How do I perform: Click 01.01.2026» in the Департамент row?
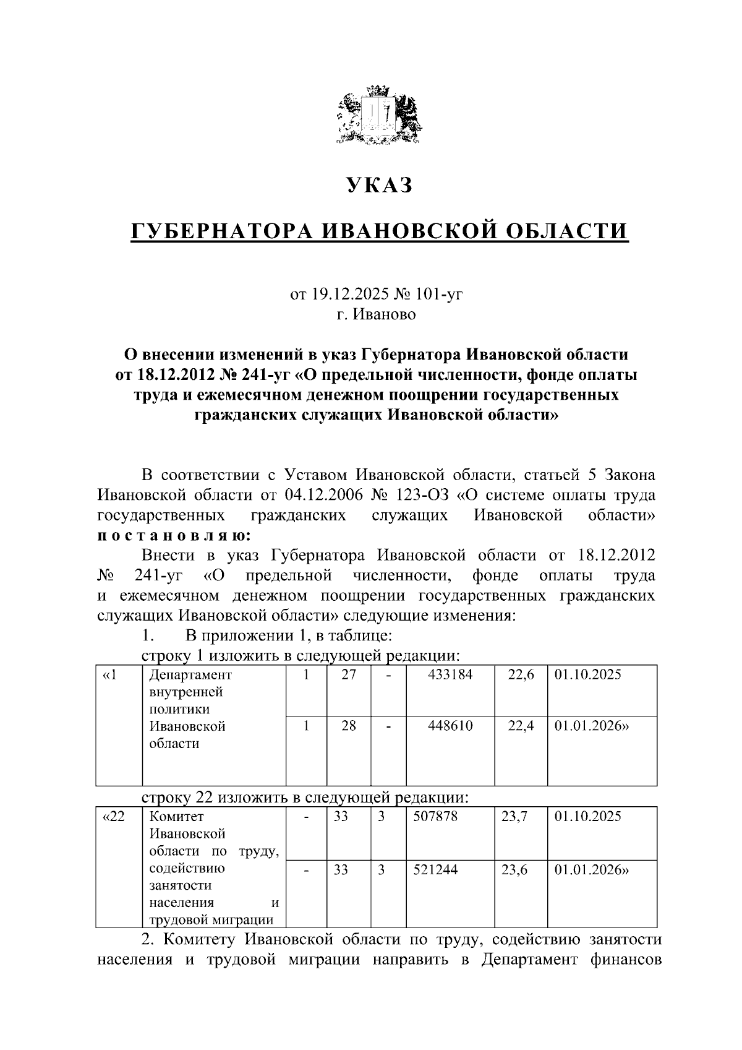[591, 726]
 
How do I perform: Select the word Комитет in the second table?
[177, 816]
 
